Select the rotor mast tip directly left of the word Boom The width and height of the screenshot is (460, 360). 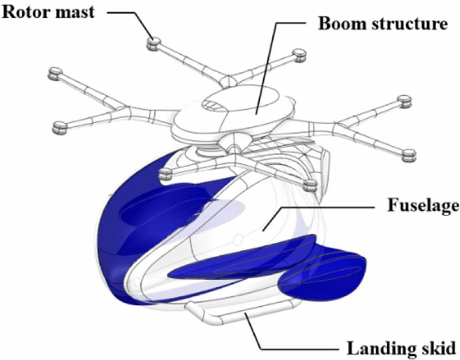(x=300, y=55)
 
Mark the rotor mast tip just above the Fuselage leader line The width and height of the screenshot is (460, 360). (x=310, y=185)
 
